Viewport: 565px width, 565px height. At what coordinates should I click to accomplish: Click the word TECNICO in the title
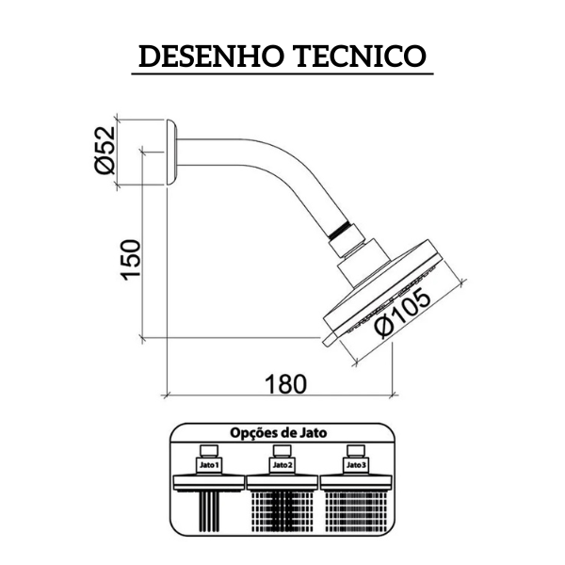pos(361,56)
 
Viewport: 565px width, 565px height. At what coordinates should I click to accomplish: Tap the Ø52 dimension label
pos(105,151)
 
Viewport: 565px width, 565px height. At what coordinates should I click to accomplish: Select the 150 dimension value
pos(130,260)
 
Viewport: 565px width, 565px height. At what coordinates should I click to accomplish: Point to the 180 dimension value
pos(285,384)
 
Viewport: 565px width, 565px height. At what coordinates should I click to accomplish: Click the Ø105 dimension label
pos(402,314)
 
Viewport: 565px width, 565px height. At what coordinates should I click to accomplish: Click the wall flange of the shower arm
pos(171,152)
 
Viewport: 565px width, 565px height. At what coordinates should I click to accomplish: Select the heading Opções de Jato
pos(278,432)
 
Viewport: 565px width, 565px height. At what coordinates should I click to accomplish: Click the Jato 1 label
pos(209,465)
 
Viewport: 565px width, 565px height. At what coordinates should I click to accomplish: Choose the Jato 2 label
pos(282,465)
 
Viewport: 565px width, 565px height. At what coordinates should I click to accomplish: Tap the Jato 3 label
pos(356,465)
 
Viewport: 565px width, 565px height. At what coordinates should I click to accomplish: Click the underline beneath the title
pos(282,73)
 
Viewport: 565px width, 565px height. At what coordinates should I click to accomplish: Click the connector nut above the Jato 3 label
pos(356,451)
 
